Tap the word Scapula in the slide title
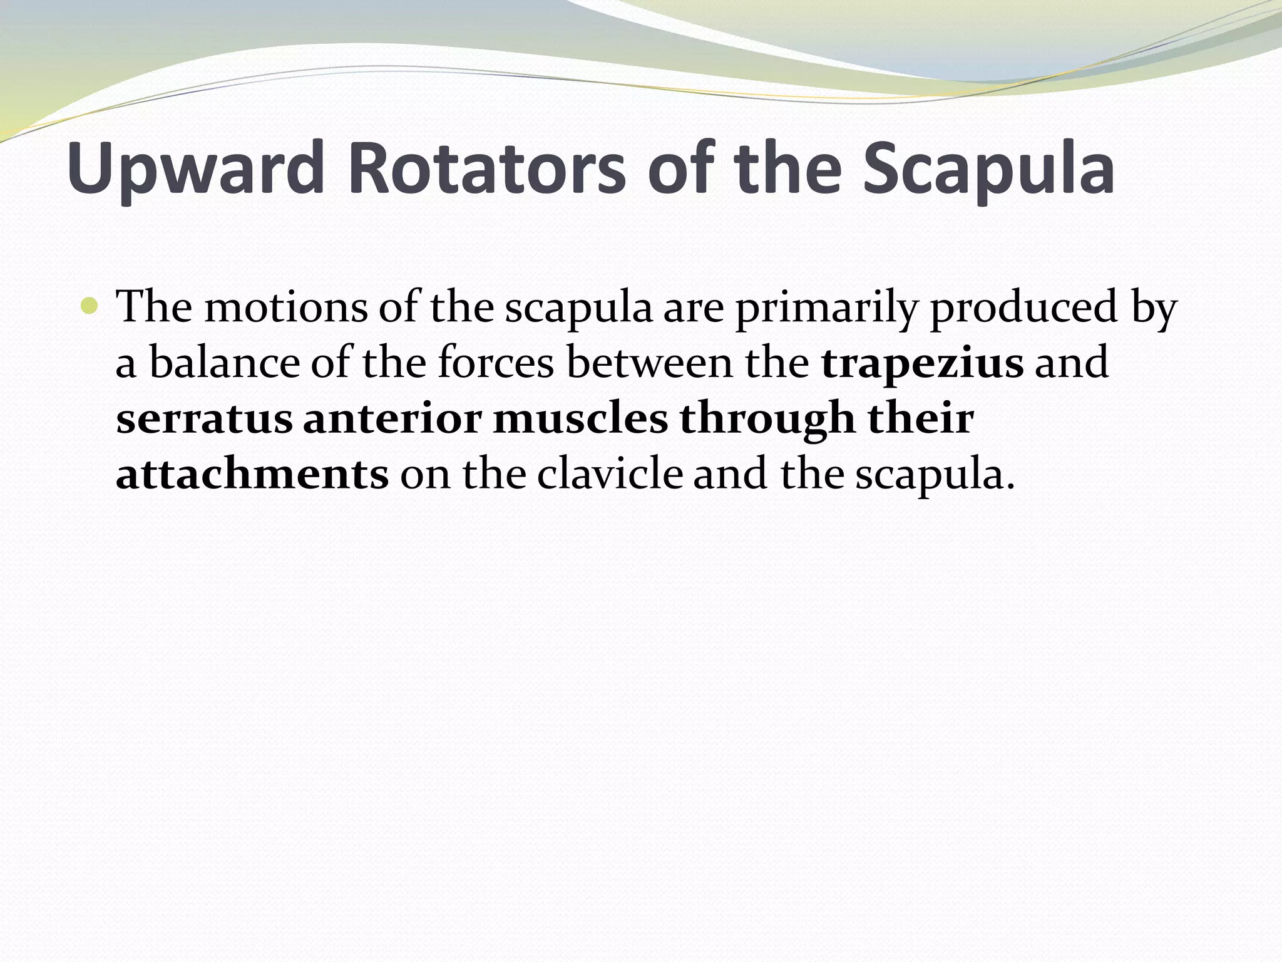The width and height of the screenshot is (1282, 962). click(x=988, y=168)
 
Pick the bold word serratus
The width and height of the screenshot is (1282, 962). click(x=204, y=419)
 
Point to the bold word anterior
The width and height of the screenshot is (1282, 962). click(x=392, y=419)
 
